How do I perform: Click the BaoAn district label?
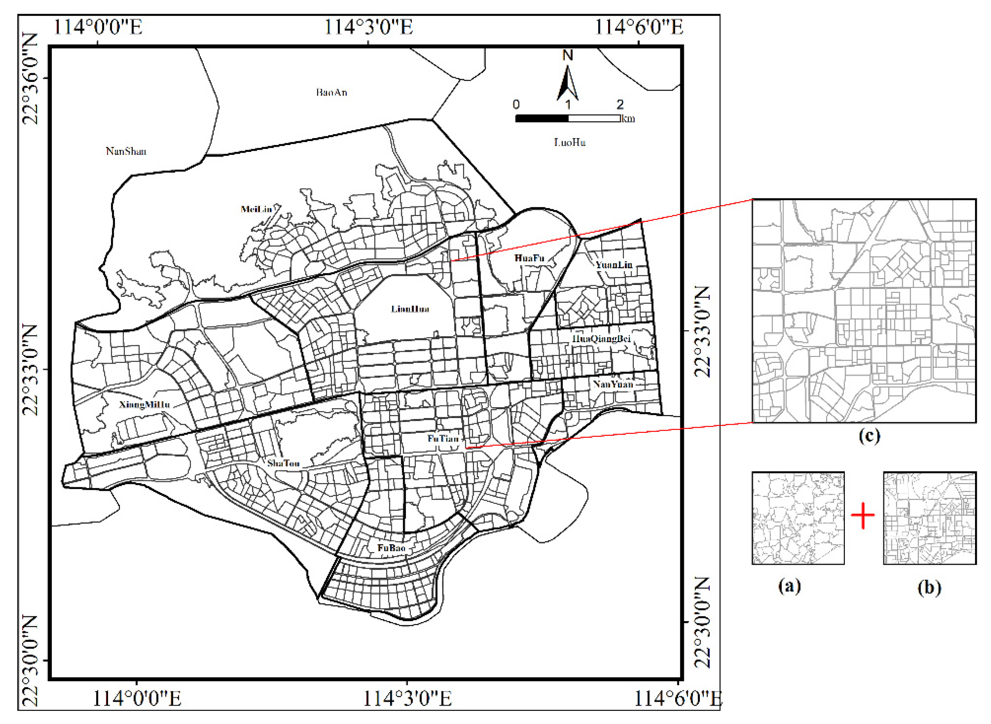click(x=331, y=92)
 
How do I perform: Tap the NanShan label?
click(x=126, y=152)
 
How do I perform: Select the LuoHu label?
click(x=569, y=142)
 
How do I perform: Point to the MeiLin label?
click(x=256, y=209)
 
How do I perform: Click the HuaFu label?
click(x=529, y=258)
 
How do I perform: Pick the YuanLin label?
click(x=614, y=265)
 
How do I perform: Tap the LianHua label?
click(x=410, y=309)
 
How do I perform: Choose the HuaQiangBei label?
click(x=601, y=338)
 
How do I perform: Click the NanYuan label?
click(x=613, y=384)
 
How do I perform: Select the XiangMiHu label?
click(x=144, y=404)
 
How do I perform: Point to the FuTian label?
click(x=443, y=439)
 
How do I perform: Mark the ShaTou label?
click(x=284, y=463)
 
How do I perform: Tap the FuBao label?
click(x=391, y=548)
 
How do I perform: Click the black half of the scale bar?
click(x=542, y=118)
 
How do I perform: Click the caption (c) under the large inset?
click(x=869, y=436)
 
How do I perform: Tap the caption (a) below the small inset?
click(x=789, y=586)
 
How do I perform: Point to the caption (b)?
click(x=929, y=588)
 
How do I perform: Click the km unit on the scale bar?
click(x=628, y=119)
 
